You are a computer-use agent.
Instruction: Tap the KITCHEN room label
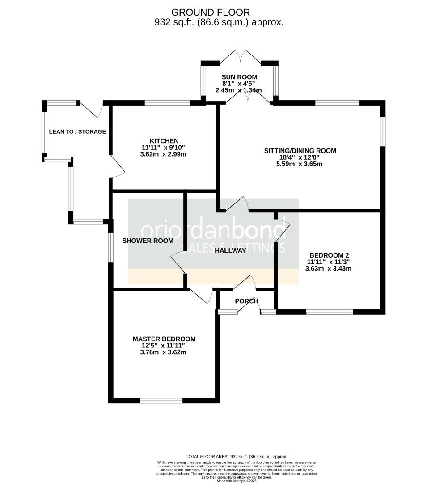164,141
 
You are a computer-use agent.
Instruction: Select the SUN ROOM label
239,77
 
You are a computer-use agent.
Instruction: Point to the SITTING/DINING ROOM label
300,151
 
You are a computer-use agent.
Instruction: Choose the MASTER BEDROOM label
164,339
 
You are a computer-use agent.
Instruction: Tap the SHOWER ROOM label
148,241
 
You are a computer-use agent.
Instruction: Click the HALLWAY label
230,250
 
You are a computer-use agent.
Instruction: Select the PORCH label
246,301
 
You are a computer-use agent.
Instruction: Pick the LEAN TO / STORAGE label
77,131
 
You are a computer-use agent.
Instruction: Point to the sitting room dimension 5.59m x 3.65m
299,164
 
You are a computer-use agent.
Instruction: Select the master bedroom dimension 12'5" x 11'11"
164,346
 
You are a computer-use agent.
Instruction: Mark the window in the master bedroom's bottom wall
161,401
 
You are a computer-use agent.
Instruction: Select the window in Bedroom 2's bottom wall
330,312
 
